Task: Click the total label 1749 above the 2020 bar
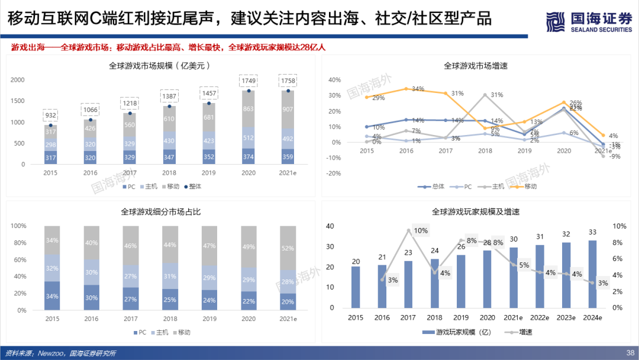(249, 81)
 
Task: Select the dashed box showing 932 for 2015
(51, 115)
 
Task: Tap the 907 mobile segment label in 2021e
(288, 109)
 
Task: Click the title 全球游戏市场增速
(476, 66)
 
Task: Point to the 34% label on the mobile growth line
(418, 89)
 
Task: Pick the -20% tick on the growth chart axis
(334, 173)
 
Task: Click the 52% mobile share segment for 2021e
(288, 248)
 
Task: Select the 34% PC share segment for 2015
(52, 296)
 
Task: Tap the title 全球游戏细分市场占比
(161, 211)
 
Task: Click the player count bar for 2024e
(592, 274)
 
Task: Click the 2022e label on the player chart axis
(541, 318)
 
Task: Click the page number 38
(629, 353)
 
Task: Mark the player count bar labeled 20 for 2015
(356, 287)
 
